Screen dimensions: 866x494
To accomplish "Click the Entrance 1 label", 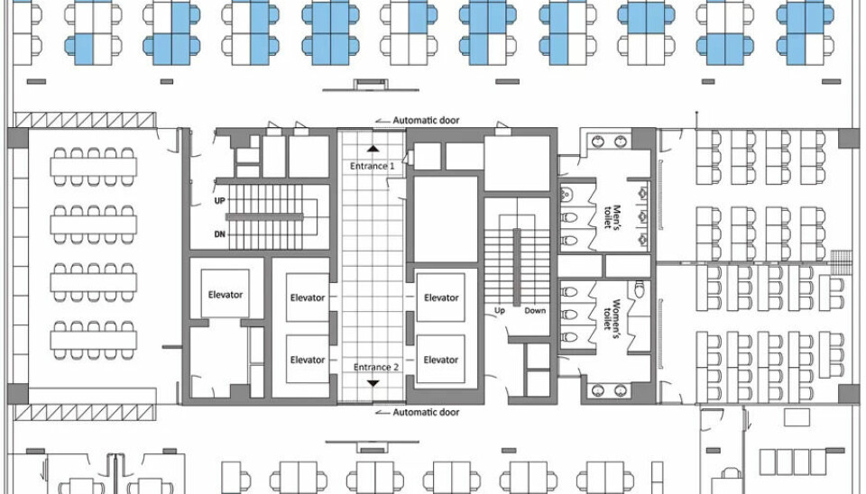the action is [x=373, y=166].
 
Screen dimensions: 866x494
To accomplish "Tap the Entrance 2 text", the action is [x=375, y=367].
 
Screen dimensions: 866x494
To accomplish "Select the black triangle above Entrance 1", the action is [x=373, y=148].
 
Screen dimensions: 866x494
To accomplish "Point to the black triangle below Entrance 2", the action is [x=373, y=383].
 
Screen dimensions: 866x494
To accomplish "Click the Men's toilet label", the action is [x=612, y=217].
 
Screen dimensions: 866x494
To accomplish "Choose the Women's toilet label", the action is [x=612, y=315].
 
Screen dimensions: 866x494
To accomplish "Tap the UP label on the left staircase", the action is [x=220, y=201].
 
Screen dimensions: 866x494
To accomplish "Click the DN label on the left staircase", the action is [x=220, y=234].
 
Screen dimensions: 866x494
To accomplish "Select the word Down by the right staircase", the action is [x=535, y=311].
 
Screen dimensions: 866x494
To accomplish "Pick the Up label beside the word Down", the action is [x=500, y=311].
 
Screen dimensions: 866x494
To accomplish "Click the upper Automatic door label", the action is [x=426, y=120].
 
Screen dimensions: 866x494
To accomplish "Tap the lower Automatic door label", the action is [x=426, y=412].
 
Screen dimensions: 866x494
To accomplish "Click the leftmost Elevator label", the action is [x=226, y=295].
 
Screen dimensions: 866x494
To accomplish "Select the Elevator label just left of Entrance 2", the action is [x=308, y=360].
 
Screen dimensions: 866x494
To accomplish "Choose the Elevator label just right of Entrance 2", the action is [x=441, y=360].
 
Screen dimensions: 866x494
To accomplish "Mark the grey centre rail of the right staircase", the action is [x=517, y=267].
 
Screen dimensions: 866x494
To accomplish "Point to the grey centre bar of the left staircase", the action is [x=264, y=217].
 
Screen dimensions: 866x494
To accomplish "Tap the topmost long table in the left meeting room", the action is [x=94, y=167].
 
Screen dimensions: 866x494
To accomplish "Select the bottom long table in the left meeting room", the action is [x=94, y=340].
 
